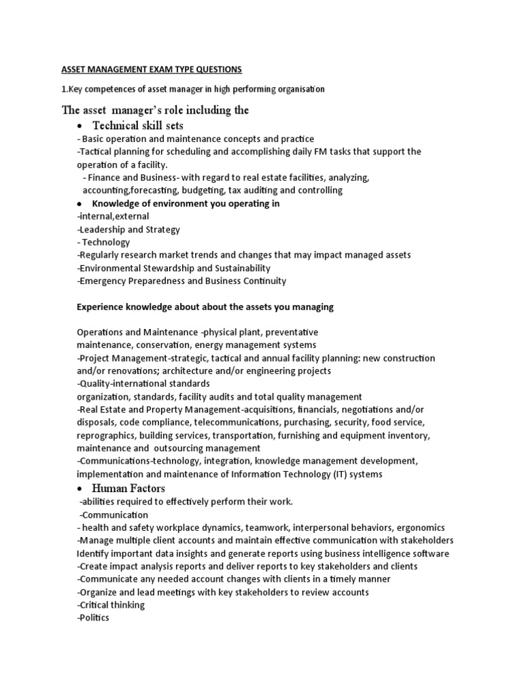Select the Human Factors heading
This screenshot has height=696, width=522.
point(128,488)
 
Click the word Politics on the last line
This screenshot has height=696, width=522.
point(94,618)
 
